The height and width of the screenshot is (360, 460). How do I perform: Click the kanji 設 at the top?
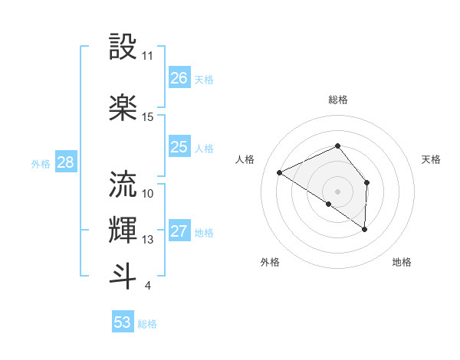coord(123,47)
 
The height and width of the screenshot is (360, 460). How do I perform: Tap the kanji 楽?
coord(123,106)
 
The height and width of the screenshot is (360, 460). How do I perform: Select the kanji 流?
coord(123,184)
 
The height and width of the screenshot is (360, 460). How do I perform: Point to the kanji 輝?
coord(123,229)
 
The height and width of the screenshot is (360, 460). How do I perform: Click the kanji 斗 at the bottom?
coord(123,275)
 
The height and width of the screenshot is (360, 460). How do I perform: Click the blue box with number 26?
coord(179,78)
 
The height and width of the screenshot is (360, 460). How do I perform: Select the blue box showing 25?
coord(179,148)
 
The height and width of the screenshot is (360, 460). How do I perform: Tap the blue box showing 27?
coord(179,232)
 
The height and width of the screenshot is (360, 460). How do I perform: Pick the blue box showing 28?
coord(65,162)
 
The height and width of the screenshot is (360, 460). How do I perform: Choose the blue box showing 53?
coord(122,322)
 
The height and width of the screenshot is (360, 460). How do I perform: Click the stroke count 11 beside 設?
coord(148,56)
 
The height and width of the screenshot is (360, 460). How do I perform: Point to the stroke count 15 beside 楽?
coord(148,117)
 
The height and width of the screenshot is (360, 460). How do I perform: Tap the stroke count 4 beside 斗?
coord(147,286)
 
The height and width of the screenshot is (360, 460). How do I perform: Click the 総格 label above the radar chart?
coord(337,100)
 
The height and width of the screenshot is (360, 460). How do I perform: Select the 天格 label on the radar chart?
coord(431,159)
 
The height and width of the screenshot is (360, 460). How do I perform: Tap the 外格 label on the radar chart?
coord(270,262)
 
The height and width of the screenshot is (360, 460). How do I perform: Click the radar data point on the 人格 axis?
coord(280,172)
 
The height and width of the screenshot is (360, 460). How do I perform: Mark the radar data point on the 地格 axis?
coord(365,229)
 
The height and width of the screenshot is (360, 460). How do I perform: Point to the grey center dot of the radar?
coord(337,191)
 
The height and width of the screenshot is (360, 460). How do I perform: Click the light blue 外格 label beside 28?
coord(40,163)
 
